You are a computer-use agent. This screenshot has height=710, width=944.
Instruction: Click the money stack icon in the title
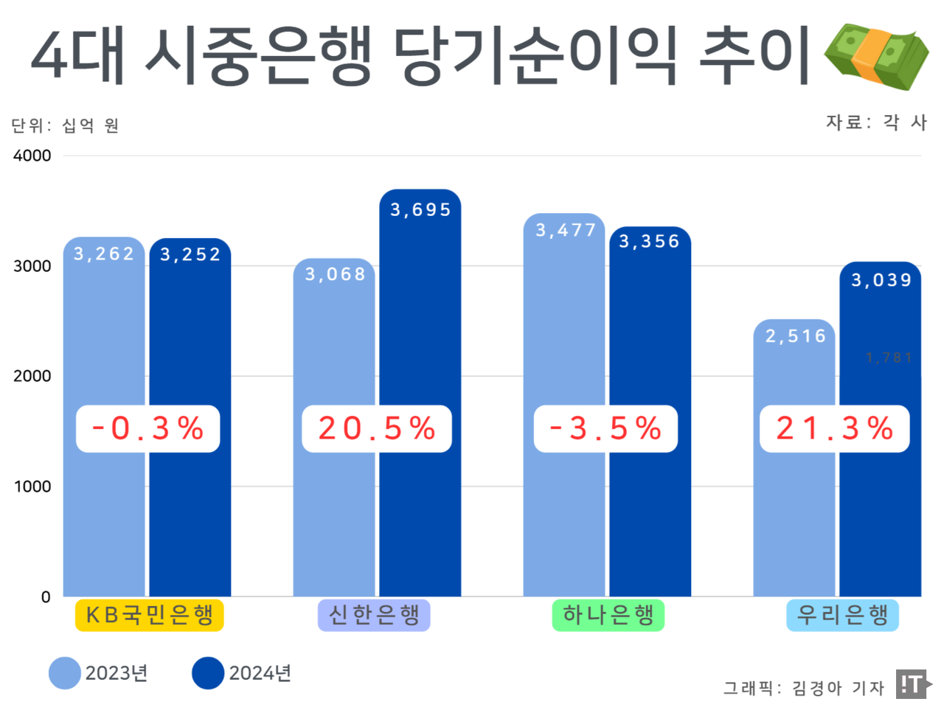876,55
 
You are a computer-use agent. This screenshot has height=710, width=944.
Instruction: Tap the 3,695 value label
420,210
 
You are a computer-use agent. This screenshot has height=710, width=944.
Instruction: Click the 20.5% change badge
376,428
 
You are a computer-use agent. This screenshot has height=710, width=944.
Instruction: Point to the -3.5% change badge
605,428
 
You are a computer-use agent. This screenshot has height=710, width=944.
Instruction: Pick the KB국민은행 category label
149,615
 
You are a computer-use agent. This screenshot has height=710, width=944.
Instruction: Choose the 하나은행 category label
608,615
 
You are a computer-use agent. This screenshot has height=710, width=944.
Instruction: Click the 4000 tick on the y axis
32,156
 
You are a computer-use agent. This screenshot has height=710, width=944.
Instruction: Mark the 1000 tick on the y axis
32,487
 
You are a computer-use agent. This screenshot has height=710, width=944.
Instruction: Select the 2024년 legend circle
208,673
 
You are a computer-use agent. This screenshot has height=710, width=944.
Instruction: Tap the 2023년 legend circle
65,673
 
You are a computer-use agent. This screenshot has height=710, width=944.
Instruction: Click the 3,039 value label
881,280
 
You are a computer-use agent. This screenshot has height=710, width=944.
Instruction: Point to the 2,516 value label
795,336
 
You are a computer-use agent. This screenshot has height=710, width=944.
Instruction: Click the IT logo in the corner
912,684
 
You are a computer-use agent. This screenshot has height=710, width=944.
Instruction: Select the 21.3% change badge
834,428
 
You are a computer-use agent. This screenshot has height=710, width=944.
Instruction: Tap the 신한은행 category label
374,615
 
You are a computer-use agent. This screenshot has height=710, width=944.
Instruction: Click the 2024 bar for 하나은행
650,516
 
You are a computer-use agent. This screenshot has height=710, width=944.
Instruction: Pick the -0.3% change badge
147,428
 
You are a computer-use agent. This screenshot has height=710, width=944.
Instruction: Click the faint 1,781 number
889,358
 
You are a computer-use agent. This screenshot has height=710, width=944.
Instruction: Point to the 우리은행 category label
842,615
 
